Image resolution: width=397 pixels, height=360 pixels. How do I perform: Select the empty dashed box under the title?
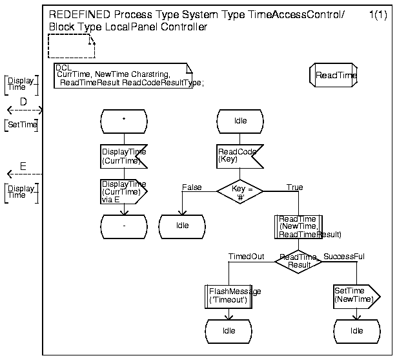click(71, 46)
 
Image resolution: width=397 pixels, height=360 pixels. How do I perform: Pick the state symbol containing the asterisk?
click(124, 120)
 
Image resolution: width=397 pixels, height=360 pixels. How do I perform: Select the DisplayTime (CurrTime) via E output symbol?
click(124, 191)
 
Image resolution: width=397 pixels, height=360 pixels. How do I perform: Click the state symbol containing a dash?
click(124, 225)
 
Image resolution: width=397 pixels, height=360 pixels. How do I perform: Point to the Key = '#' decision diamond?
click(239, 191)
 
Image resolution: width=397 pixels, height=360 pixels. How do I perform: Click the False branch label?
click(192, 187)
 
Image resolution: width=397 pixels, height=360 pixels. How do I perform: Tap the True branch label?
click(294, 187)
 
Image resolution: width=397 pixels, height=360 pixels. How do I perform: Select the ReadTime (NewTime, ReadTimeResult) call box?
click(298, 226)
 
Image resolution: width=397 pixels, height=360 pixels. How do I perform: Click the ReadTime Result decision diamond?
click(299, 261)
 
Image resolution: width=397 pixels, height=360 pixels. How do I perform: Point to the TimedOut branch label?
click(246, 257)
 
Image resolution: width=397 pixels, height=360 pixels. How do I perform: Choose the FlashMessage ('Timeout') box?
click(228, 296)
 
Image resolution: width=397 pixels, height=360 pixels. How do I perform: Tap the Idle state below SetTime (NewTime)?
click(357, 331)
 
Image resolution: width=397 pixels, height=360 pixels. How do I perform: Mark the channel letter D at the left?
click(23, 101)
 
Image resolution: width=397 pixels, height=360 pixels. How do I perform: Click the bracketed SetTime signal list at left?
click(21, 125)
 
